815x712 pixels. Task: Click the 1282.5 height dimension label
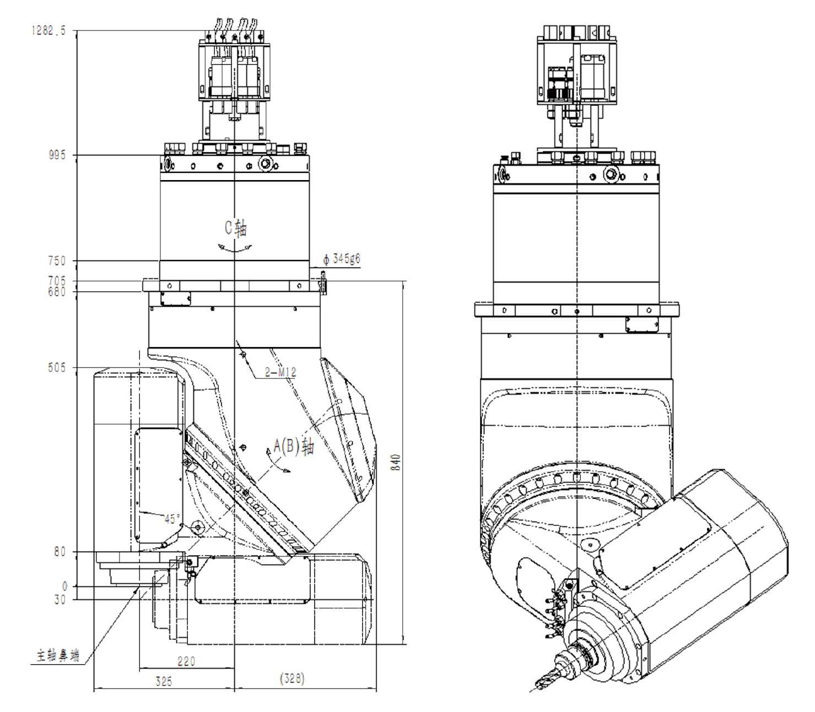coord(48,31)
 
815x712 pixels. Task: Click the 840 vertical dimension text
coord(396,461)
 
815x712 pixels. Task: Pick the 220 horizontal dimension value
coord(186,661)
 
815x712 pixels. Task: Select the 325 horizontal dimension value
coord(163,681)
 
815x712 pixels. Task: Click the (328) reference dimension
coord(292,678)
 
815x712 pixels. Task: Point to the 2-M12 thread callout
coord(280,372)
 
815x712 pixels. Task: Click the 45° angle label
coord(172,519)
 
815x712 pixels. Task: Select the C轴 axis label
coord(235,227)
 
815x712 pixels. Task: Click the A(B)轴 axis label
coord(294,447)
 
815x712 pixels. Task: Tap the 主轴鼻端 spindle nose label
coord(57,656)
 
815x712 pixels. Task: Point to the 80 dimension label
coord(60,552)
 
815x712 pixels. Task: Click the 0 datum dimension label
coord(64,587)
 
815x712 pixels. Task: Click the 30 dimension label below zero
coord(60,599)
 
